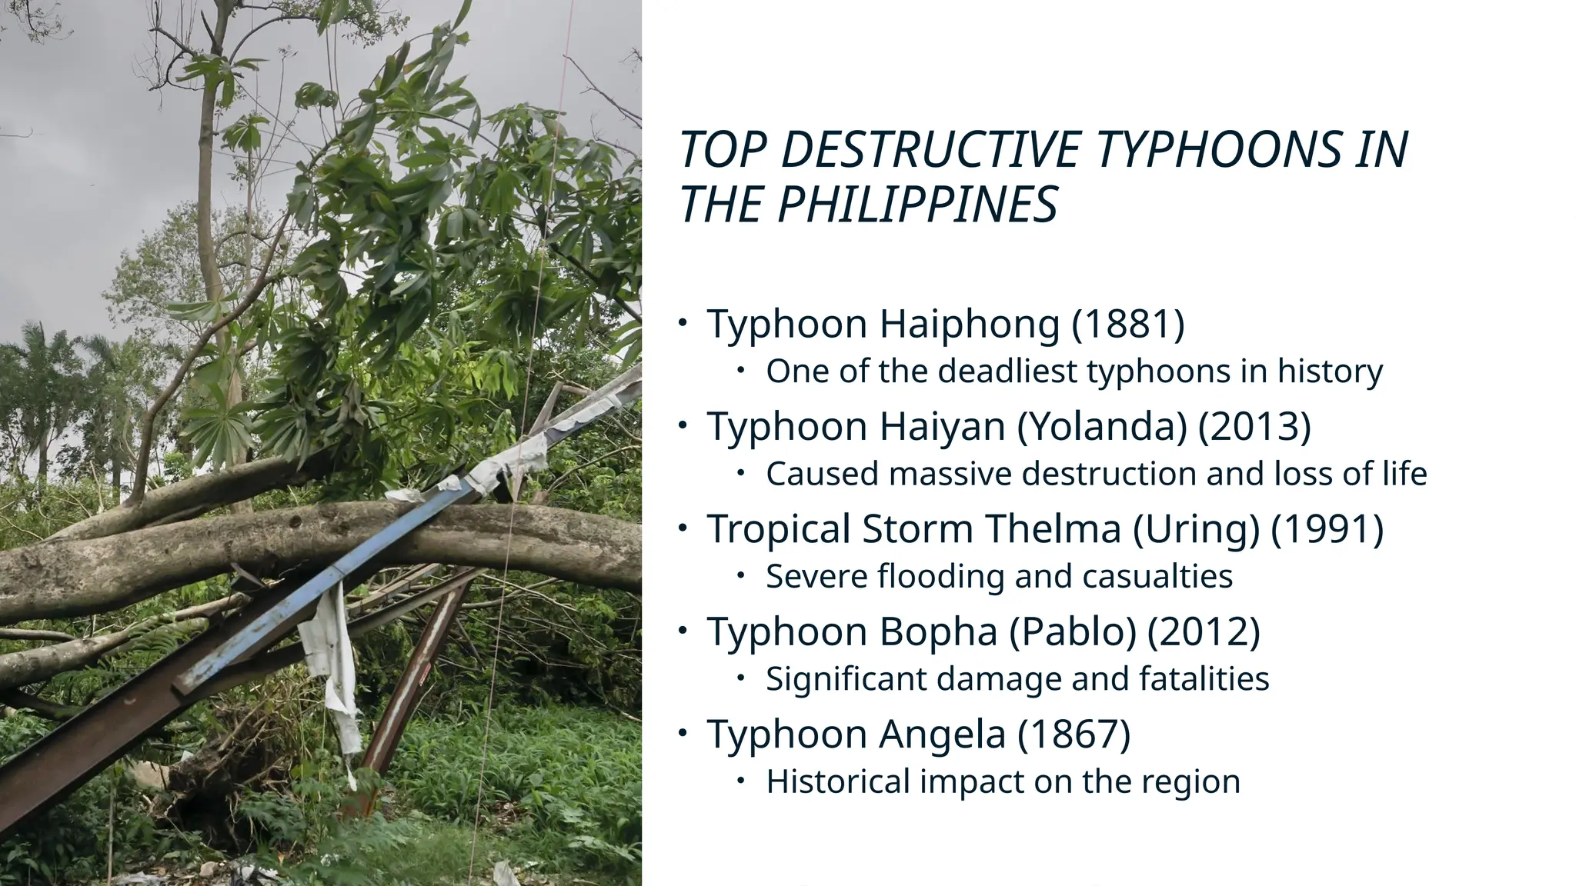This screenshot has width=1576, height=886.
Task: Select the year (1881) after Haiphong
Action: (1128, 324)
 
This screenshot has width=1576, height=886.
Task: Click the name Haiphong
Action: (969, 324)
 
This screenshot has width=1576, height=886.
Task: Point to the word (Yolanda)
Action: (1102, 426)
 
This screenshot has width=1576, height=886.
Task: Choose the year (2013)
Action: (1254, 426)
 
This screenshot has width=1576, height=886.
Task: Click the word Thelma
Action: (1052, 529)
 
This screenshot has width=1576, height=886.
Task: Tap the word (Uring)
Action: (1196, 529)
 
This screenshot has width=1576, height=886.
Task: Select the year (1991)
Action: (1327, 529)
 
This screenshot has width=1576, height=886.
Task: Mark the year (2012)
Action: (1204, 631)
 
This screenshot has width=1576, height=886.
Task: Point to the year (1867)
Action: (1074, 734)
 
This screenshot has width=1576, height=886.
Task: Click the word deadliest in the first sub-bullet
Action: (1007, 371)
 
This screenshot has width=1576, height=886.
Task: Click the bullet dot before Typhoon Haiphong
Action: (683, 323)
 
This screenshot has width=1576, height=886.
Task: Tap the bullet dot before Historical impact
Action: (740, 781)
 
